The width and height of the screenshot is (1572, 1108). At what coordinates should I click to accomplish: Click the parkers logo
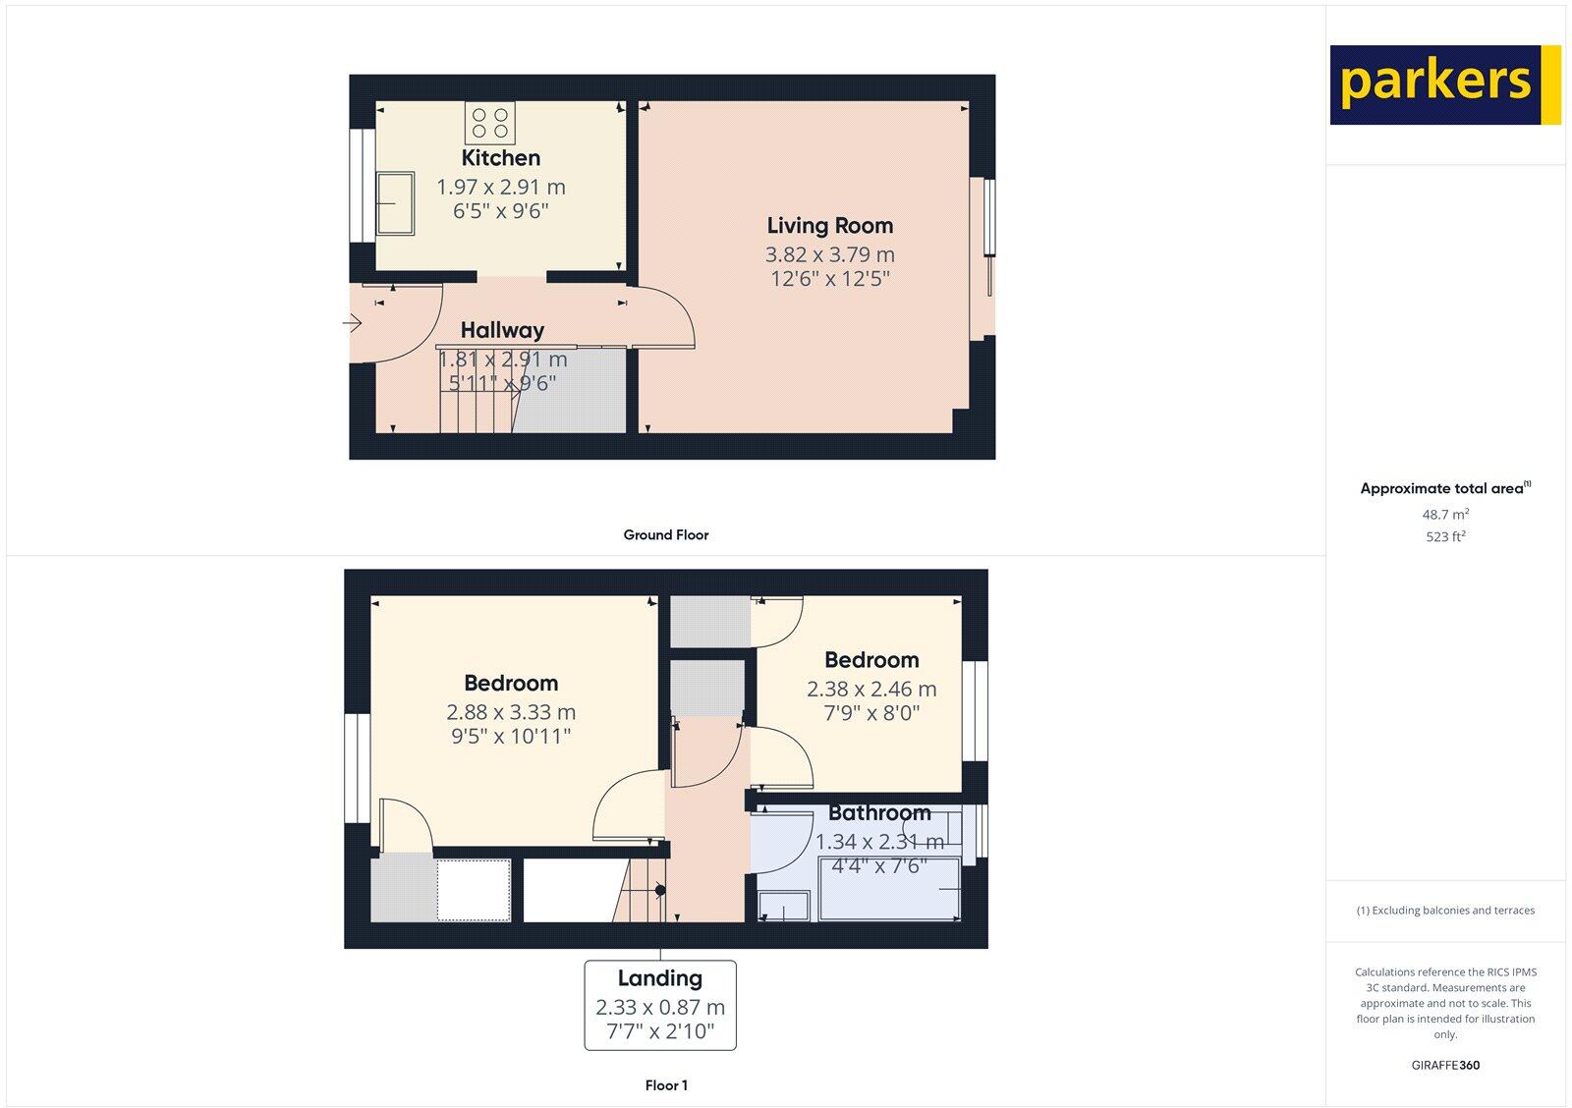tap(1444, 84)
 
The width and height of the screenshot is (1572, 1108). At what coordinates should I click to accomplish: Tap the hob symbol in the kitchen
tap(490, 123)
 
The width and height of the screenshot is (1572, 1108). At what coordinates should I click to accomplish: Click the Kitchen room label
tap(501, 158)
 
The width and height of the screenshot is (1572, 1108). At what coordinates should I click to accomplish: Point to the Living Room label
tap(830, 226)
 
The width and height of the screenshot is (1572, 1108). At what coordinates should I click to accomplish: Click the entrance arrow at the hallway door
tap(352, 322)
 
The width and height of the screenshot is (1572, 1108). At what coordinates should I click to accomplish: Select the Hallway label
tap(502, 330)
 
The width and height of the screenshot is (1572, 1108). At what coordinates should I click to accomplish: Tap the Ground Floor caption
tap(665, 535)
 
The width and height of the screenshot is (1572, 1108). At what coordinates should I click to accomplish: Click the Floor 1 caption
tap(666, 1085)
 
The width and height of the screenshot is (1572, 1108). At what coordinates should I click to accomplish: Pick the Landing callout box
tap(660, 1005)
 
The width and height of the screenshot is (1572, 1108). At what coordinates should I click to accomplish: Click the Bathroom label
tap(879, 813)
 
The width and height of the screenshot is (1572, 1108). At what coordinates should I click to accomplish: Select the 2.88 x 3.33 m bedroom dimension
tap(511, 712)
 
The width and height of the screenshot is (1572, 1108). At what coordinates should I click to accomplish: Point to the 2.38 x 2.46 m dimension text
tap(871, 690)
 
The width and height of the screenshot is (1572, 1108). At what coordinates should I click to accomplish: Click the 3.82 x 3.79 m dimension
tap(830, 254)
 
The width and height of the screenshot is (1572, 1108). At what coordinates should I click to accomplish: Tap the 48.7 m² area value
tap(1445, 515)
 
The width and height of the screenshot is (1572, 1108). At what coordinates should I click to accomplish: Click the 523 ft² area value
tap(1445, 537)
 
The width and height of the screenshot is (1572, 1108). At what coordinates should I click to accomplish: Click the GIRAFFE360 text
tap(1445, 1065)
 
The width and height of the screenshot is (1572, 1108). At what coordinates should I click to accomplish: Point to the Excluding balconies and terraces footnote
tap(1445, 911)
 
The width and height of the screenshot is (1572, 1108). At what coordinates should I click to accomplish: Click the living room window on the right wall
tap(989, 237)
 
